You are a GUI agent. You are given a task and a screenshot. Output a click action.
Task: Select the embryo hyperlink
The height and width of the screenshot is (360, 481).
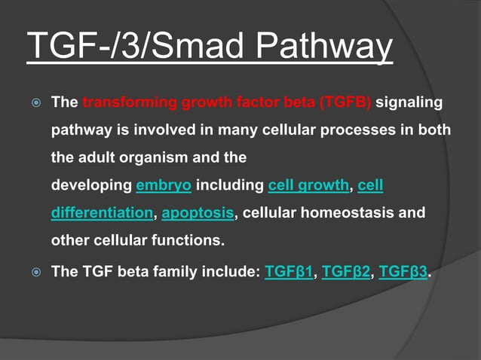pos(164,185)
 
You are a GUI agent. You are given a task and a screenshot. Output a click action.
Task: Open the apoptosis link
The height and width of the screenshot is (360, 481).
pos(198,213)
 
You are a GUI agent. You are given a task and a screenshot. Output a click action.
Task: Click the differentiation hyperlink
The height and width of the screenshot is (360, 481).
pos(102,213)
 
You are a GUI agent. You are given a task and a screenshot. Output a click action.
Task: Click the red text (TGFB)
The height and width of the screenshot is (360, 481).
pos(345,102)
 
